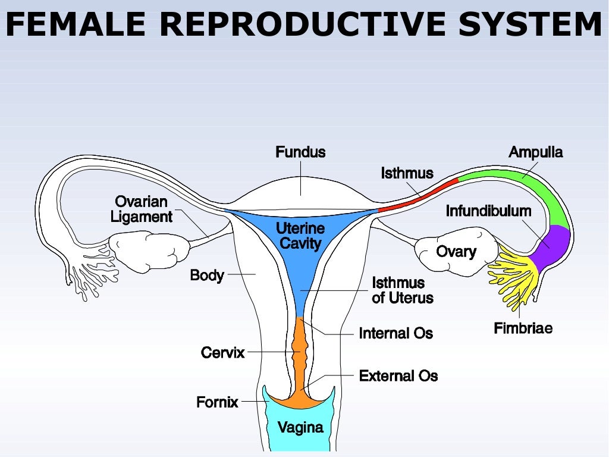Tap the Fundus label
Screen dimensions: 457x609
coord(300,152)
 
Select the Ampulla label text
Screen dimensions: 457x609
coord(535,152)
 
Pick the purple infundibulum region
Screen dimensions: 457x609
coord(552,245)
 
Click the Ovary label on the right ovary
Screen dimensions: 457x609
coord(456,251)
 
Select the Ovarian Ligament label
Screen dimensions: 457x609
coord(142,209)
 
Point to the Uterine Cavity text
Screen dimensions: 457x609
coord(300,236)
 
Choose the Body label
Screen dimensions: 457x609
coord(206,276)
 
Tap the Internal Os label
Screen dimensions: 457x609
coord(395,333)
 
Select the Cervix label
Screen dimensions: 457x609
coord(222,353)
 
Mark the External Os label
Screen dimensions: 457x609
coord(398,376)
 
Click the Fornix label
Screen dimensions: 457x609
coord(217,403)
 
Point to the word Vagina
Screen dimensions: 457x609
coord(300,427)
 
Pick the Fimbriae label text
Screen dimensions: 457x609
coord(523,328)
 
